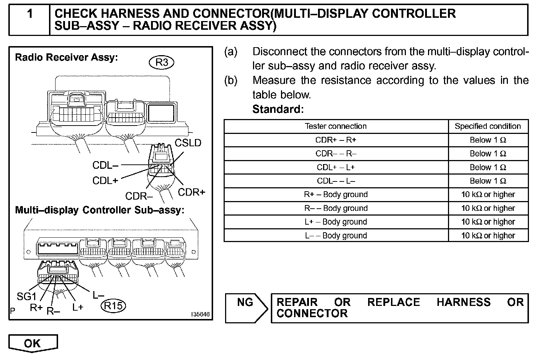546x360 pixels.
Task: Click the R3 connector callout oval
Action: (x=162, y=63)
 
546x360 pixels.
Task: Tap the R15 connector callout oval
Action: (x=113, y=306)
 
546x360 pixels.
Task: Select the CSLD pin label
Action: (x=188, y=143)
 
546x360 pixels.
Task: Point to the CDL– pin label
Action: (x=105, y=165)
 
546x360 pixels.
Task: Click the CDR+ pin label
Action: (x=191, y=192)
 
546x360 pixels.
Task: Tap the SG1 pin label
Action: (x=27, y=296)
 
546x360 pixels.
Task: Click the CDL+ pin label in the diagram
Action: (x=105, y=181)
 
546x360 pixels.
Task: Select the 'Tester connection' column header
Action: (x=336, y=126)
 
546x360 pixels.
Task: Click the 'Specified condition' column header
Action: (x=488, y=126)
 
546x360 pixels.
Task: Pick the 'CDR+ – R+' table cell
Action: (x=336, y=140)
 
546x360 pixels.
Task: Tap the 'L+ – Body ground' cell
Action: (x=336, y=222)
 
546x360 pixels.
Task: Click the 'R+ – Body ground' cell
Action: (x=336, y=195)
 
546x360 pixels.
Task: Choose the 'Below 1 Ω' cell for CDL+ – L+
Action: (x=488, y=167)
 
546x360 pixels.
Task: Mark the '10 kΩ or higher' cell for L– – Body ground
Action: (x=488, y=236)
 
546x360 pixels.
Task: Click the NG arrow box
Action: (x=246, y=308)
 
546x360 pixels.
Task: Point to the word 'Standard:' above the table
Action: (x=278, y=109)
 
